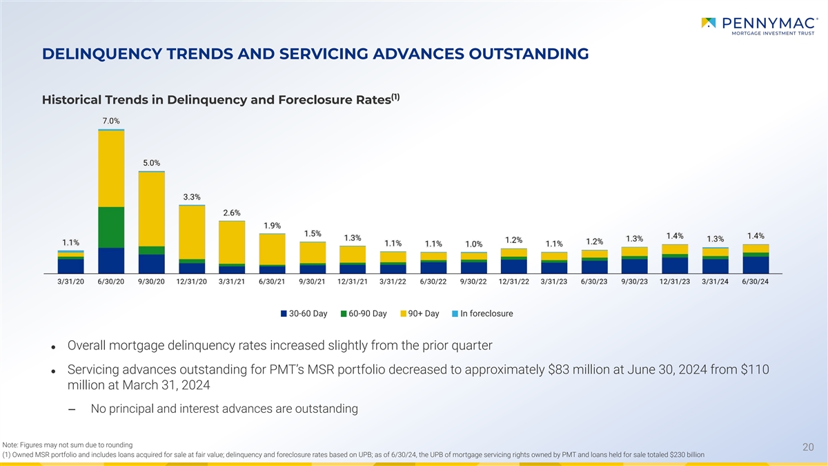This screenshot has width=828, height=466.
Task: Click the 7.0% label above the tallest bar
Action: pos(110,120)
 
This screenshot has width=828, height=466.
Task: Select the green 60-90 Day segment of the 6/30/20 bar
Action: pos(111,227)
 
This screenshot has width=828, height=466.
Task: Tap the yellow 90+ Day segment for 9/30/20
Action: pos(151,208)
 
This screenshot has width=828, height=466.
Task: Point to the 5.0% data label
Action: pos(151,162)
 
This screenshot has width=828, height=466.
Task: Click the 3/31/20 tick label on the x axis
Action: pos(70,282)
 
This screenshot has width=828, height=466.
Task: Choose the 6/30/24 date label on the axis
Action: pos(755,282)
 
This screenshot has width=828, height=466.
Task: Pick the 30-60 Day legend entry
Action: pos(304,314)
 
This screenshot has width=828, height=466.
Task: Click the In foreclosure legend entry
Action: pos(482,314)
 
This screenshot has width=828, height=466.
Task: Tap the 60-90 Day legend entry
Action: pos(364,314)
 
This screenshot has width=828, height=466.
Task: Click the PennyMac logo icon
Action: pos(709,23)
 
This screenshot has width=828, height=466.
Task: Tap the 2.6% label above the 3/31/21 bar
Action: pos(232,212)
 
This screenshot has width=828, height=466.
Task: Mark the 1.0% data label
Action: pos(474,243)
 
